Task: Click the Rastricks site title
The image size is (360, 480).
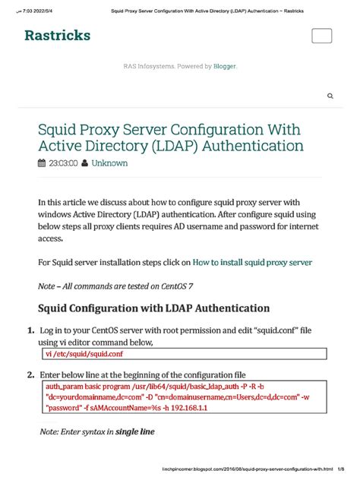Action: [57, 36]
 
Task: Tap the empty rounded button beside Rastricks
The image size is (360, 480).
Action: [322, 36]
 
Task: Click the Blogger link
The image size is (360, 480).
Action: [224, 66]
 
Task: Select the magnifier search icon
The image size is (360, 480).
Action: [330, 96]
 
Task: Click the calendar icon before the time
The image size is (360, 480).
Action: [42, 163]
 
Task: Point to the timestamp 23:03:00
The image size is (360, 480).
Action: [63, 163]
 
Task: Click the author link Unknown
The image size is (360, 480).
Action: [109, 163]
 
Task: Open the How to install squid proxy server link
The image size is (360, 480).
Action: [252, 262]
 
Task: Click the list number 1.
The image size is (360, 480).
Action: [30, 331]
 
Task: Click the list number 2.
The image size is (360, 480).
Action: [30, 375]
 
